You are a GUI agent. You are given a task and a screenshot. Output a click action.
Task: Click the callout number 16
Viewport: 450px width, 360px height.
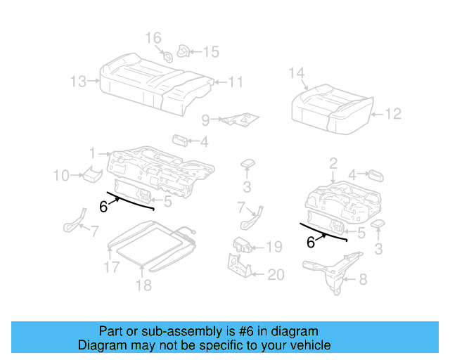(153, 37)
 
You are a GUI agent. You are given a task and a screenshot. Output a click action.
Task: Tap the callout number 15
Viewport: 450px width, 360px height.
(211, 51)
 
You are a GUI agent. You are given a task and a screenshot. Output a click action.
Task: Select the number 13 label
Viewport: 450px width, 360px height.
(79, 82)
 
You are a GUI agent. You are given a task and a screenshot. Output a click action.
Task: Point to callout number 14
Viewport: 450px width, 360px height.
(297, 73)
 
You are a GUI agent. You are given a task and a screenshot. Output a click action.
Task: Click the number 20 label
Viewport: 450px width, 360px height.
(276, 275)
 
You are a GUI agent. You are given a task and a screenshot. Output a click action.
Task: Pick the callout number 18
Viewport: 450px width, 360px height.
(143, 285)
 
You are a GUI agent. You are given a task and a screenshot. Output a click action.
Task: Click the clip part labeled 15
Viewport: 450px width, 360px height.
(185, 51)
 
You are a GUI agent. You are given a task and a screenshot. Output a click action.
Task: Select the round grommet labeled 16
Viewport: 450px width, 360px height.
(168, 56)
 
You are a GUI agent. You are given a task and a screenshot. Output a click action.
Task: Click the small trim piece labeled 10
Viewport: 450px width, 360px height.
(89, 174)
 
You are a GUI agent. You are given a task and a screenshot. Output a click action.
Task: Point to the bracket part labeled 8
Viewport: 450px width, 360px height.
(330, 271)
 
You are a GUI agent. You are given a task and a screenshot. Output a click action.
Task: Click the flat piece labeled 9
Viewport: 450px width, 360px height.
(239, 119)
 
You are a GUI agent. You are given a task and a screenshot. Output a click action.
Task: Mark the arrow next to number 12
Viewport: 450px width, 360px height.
(375, 113)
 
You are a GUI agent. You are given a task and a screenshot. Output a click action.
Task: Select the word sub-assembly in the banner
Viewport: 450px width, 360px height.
(159, 331)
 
